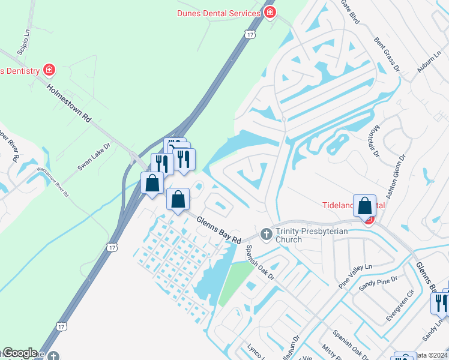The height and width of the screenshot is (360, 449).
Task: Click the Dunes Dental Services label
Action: coord(219,13)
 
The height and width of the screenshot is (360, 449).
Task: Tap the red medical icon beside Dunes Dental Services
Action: coord(271,13)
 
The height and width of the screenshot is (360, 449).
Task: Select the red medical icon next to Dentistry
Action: coord(49,71)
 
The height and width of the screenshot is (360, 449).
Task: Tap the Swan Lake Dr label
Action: coord(94,157)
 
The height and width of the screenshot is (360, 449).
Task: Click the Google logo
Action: coord(20,353)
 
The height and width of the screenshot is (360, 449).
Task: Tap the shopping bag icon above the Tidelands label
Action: coord(365,206)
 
